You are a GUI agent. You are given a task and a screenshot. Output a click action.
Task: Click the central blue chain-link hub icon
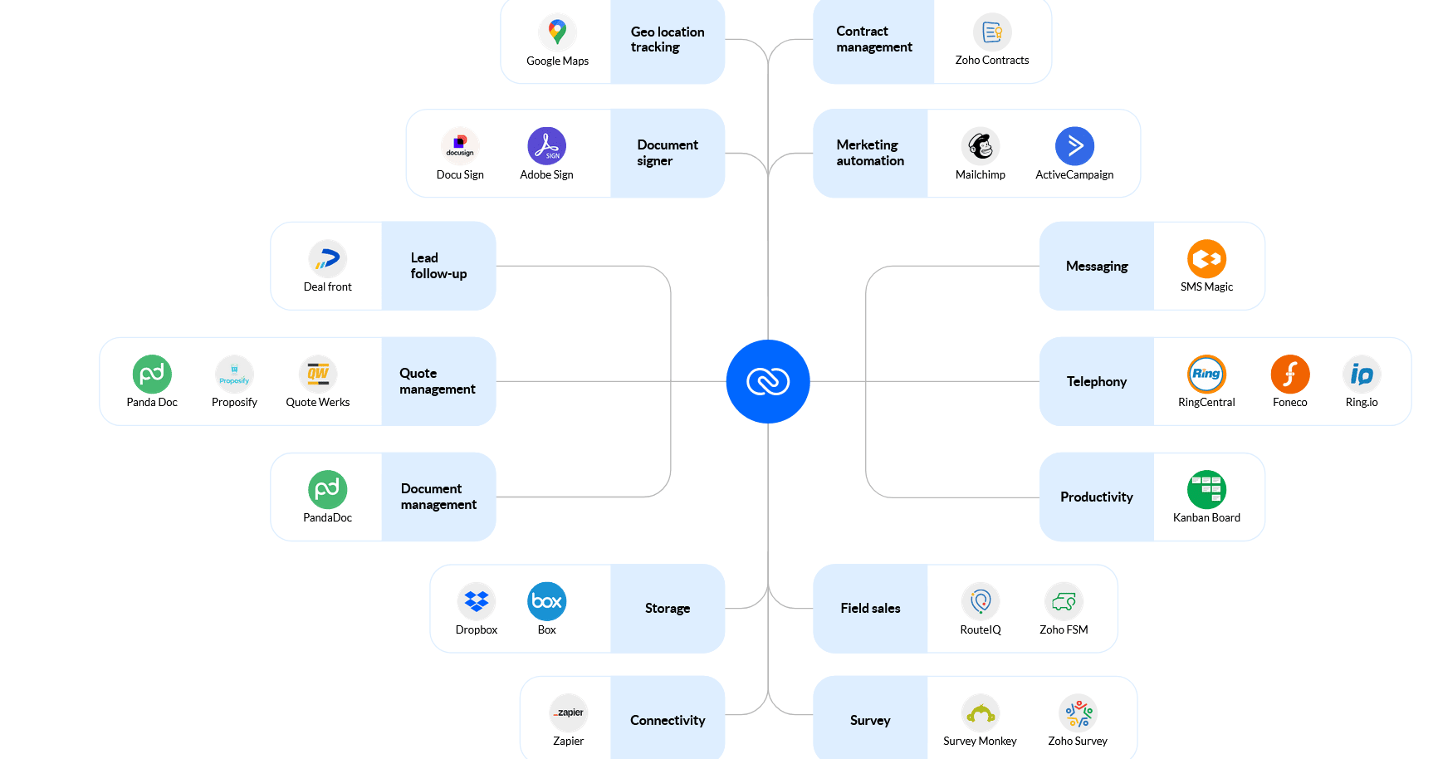coord(768,381)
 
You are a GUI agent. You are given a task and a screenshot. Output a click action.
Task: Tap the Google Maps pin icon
coord(557,32)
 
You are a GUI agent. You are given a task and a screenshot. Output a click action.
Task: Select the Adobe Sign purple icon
coord(546,146)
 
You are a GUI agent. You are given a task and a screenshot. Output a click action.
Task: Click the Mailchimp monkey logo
coord(981,146)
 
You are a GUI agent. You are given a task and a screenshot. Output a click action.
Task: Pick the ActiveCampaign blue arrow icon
coord(1074,146)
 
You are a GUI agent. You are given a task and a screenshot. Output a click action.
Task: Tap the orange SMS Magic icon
coord(1206,259)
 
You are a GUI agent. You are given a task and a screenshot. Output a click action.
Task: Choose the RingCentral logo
coord(1206,375)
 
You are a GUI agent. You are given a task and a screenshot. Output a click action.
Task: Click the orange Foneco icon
coord(1289,375)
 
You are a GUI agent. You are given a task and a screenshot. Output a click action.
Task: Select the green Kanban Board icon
coord(1206,490)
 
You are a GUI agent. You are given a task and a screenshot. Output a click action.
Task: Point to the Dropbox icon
coord(477,601)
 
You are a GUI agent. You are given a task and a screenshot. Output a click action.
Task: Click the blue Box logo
coord(546,601)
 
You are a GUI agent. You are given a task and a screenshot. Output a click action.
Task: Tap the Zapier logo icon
coord(569,712)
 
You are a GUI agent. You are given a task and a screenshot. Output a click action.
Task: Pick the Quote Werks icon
coord(318,375)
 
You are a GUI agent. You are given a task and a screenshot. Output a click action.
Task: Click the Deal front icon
coord(328,259)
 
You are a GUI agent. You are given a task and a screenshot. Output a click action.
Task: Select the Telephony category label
coord(1097,381)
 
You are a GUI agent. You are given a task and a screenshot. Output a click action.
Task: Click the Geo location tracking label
coord(668,39)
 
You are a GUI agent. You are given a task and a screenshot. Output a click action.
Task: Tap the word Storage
coord(668,608)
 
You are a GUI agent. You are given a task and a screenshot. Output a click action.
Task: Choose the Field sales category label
coord(870,608)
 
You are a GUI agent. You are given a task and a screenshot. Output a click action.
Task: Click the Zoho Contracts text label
coord(992,60)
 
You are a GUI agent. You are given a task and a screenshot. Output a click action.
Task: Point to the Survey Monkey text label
coord(980,741)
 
